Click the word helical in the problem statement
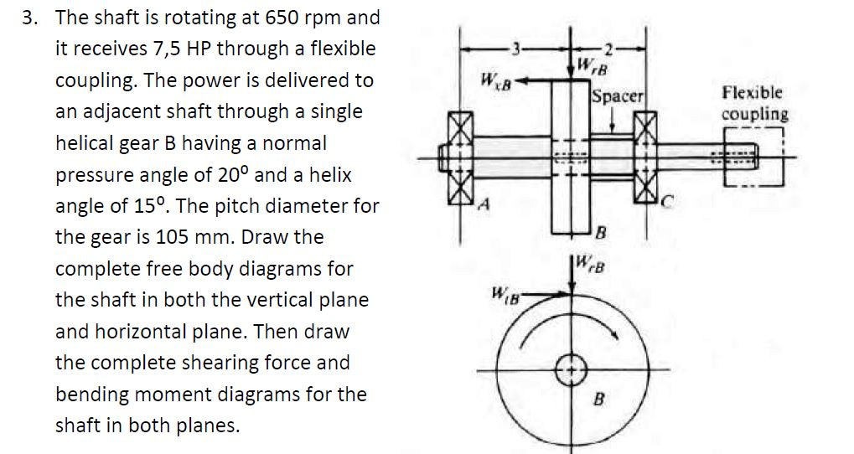tap(84, 144)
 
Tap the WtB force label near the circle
tap(505, 295)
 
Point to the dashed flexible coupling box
tap(748, 157)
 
